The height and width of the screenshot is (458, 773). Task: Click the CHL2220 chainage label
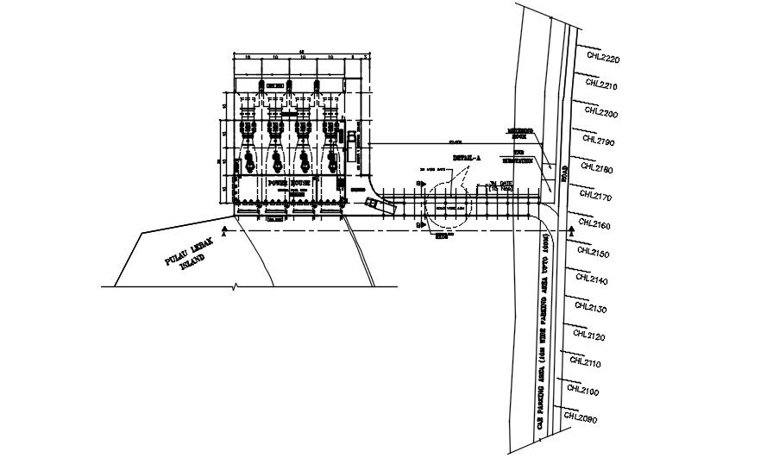pyautogui.click(x=602, y=59)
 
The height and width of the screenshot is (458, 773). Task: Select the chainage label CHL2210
pyautogui.click(x=601, y=85)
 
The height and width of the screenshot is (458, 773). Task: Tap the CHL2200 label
pyautogui.click(x=600, y=113)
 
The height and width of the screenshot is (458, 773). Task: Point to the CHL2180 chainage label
pyautogui.click(x=596, y=169)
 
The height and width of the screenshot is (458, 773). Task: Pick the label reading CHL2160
pyautogui.click(x=594, y=225)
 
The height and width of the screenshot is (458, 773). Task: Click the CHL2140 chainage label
pyautogui.click(x=591, y=281)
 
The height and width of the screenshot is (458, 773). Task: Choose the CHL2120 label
pyautogui.click(x=587, y=336)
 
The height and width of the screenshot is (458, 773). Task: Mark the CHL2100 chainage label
pyautogui.click(x=584, y=392)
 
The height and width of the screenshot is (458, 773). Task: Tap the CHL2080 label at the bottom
pyautogui.click(x=581, y=418)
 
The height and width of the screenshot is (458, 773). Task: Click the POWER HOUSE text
pyautogui.click(x=289, y=183)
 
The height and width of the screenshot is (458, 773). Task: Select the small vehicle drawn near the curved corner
pyautogui.click(x=374, y=204)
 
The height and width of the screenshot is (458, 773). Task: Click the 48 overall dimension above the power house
pyautogui.click(x=301, y=52)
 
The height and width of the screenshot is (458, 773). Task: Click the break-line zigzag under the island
pyautogui.click(x=236, y=285)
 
